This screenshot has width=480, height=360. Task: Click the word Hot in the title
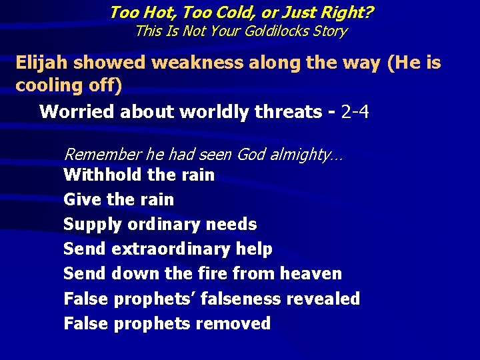pyautogui.click(x=152, y=12)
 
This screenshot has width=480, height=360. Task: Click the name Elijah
pyautogui.click(x=42, y=63)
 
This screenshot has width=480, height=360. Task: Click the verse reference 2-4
pyautogui.click(x=355, y=111)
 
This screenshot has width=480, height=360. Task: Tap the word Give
pyautogui.click(x=81, y=199)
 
